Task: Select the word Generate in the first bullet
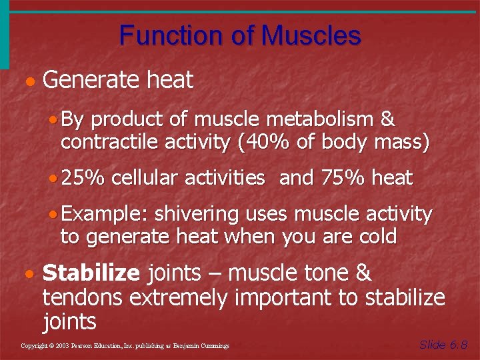91,81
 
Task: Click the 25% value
85,178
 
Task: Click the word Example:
107,215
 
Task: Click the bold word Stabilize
91,273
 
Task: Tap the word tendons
83,297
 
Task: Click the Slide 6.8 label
443,345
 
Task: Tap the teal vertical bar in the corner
5,33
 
